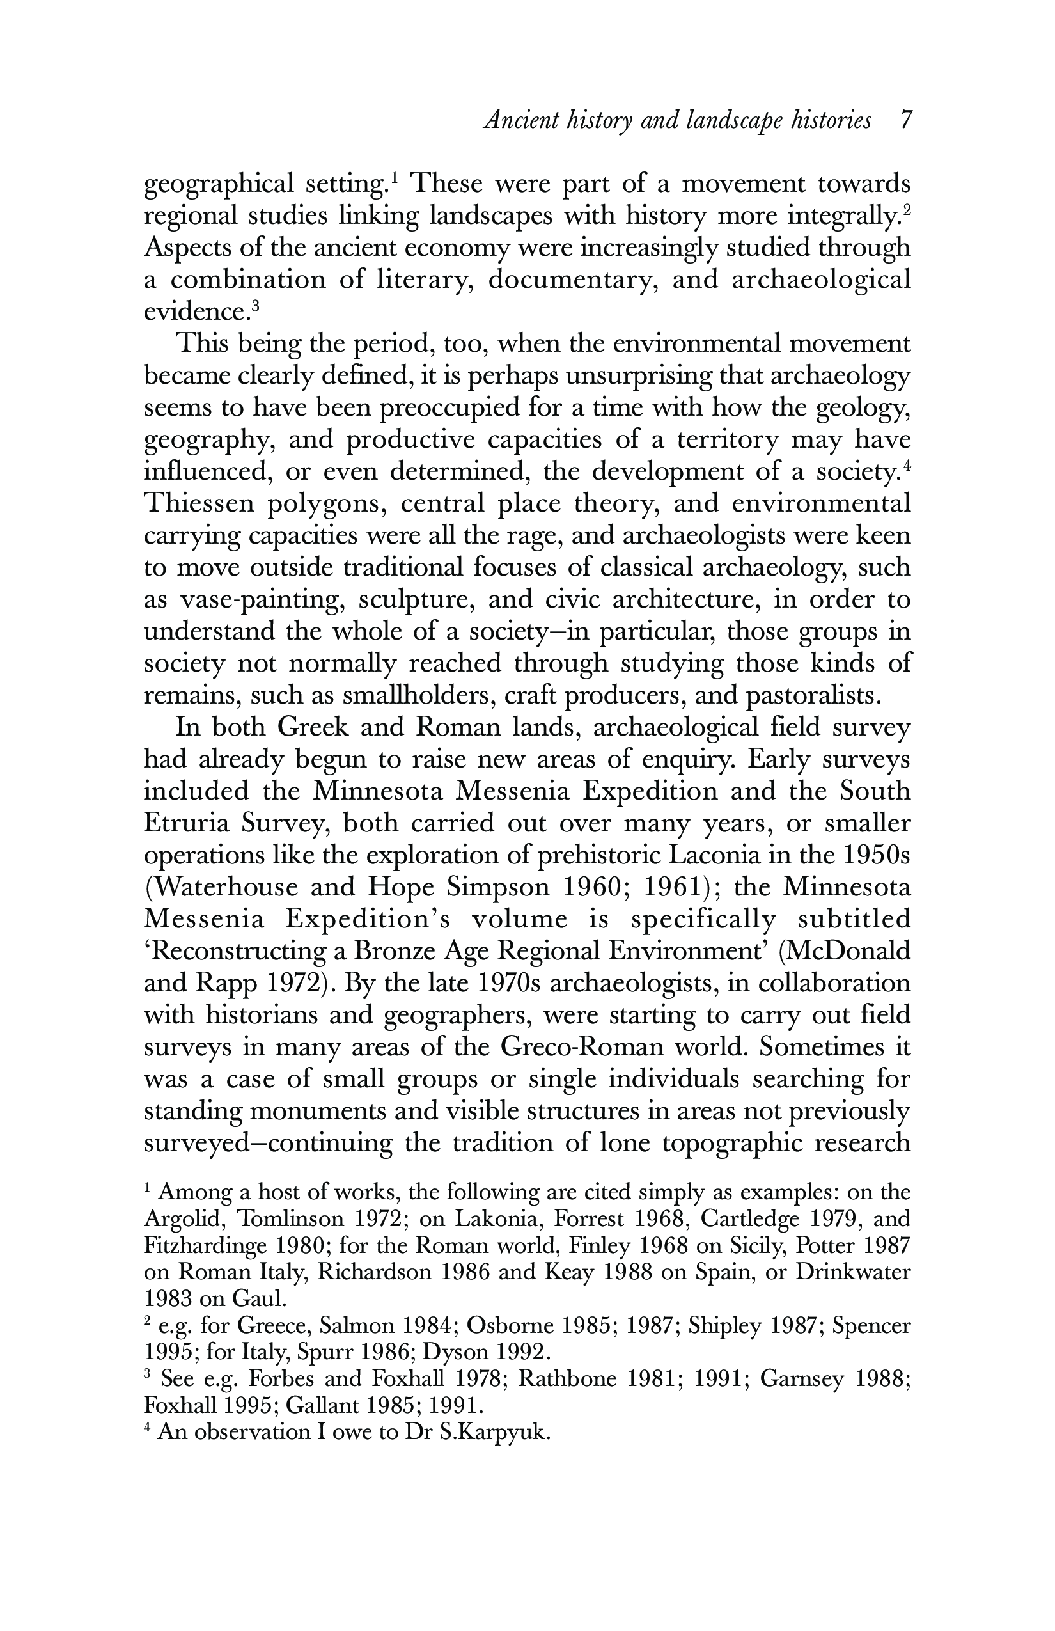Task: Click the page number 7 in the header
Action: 905,121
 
